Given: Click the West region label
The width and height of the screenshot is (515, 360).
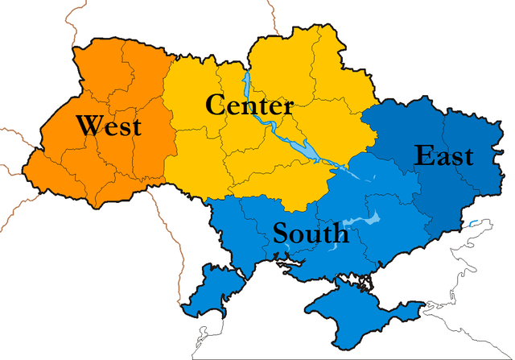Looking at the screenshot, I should [x=109, y=126].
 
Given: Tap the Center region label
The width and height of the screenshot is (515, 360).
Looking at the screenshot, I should [x=249, y=105].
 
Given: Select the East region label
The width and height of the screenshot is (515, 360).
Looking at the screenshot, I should [x=443, y=155].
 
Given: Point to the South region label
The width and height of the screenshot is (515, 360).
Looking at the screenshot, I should [x=311, y=234].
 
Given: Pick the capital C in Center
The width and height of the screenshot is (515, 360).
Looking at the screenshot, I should [x=215, y=105].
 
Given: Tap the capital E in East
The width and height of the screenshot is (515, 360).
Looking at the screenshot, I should [x=422, y=155].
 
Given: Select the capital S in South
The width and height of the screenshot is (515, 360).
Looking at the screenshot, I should [x=281, y=234].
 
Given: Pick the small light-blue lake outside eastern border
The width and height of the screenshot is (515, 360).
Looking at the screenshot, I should [x=474, y=223].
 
